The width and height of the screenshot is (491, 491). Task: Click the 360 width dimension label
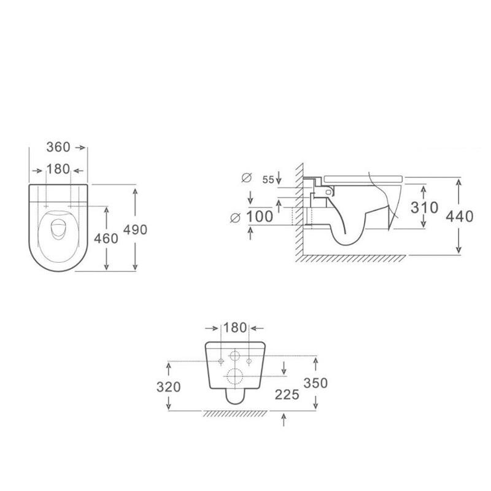tap(58, 147)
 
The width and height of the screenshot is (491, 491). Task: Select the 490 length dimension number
tap(135, 230)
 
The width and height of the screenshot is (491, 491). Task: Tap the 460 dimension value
tap(106, 238)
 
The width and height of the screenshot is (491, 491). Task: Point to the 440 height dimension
tap(459, 216)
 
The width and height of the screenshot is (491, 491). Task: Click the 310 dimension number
tap(424, 207)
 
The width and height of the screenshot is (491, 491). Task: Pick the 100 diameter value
tap(260, 217)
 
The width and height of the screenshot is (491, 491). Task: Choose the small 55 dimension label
tap(268, 180)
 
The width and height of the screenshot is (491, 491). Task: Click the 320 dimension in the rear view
tap(168, 387)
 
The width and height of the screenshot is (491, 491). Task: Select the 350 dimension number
tap(315, 382)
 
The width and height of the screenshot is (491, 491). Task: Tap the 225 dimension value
tap(287, 395)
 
